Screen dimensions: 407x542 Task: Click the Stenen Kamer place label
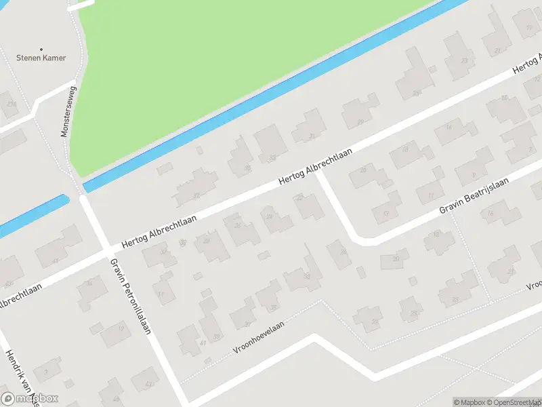click(x=42, y=58)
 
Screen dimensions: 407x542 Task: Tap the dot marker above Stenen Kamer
click(x=42, y=49)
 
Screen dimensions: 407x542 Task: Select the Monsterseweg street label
click(x=68, y=111)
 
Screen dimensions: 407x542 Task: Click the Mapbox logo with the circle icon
click(x=29, y=399)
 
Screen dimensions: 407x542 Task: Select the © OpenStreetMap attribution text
click(x=511, y=402)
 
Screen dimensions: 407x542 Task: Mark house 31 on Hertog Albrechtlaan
click(x=311, y=136)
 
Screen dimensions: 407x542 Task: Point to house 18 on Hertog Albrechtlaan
click(x=405, y=149)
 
